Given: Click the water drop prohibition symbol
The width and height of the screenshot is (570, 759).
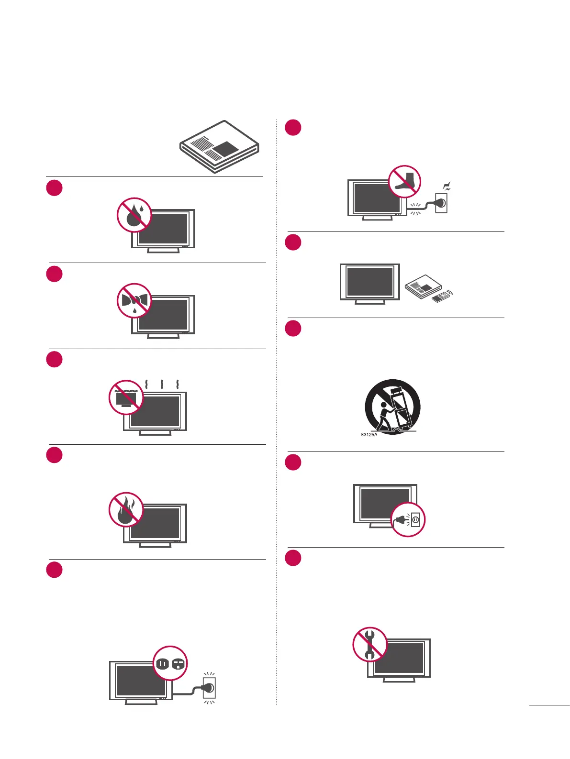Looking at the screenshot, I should (134, 215).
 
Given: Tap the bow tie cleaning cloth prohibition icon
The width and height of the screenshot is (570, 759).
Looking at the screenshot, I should (134, 301).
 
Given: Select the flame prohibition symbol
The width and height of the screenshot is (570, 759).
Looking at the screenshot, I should (126, 510).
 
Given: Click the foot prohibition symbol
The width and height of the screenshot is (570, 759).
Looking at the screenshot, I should (404, 182).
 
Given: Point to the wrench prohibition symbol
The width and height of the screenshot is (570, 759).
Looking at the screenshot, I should (370, 644).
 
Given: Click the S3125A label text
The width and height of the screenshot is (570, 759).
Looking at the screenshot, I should (369, 435).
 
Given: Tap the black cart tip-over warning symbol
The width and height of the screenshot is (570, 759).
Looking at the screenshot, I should (393, 407).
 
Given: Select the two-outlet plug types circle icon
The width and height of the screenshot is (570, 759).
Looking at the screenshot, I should (170, 663).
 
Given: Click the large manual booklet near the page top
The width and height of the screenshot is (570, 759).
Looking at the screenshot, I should (220, 146).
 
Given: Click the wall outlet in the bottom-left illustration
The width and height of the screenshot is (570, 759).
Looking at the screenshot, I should (209, 688).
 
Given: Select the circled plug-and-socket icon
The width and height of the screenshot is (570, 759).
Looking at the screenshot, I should (408, 519).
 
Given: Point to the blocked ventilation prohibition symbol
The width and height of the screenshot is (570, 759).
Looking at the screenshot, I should (126, 397).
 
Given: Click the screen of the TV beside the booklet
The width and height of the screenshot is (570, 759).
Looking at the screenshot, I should (369, 282).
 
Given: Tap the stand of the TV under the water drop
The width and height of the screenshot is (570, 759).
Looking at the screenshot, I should (163, 250).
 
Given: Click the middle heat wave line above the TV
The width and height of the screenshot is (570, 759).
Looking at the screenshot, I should (163, 384).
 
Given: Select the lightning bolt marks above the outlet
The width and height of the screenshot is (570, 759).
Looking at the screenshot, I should (447, 187).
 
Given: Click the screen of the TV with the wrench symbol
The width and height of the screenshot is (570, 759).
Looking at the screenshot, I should (401, 658).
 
